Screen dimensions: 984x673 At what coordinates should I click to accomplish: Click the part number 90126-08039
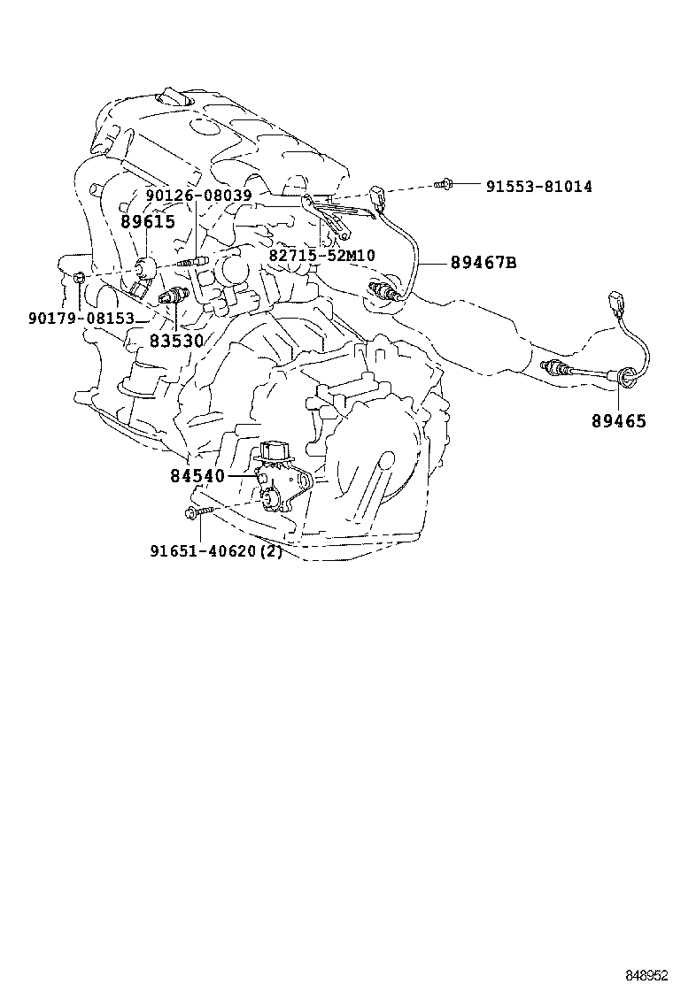click(x=199, y=196)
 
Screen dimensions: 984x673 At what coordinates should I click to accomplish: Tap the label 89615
click(x=148, y=221)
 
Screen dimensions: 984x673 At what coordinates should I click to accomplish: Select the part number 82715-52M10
click(x=321, y=256)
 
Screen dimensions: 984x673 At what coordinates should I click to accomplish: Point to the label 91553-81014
click(x=538, y=187)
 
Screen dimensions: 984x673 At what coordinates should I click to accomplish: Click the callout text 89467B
click(x=483, y=263)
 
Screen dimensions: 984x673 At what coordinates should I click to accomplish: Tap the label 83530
click(x=175, y=340)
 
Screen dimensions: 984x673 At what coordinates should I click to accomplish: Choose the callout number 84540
click(x=197, y=476)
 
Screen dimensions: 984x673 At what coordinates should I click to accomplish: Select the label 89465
click(x=618, y=421)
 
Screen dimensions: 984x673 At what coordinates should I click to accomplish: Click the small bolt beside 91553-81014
click(x=445, y=184)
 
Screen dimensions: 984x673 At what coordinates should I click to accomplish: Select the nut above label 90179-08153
click(x=80, y=280)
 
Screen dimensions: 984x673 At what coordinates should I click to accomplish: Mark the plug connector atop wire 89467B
click(x=379, y=196)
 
